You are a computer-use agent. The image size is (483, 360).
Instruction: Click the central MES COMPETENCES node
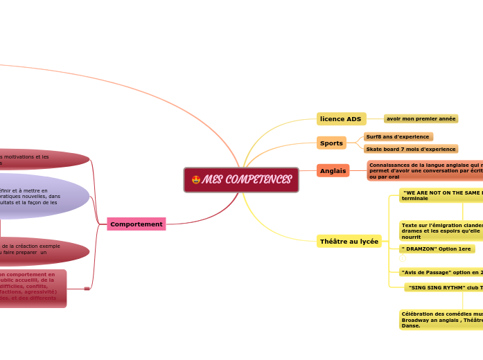click(241, 180)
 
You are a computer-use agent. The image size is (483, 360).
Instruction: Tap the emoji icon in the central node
click(196, 180)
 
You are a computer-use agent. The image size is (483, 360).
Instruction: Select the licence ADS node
click(341, 119)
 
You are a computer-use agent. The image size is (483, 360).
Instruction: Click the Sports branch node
click(331, 143)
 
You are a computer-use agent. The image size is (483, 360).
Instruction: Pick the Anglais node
click(333, 171)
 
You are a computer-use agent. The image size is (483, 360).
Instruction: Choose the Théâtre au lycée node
click(349, 242)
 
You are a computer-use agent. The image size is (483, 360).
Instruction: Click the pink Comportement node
click(137, 224)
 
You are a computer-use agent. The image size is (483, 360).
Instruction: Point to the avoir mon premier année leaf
click(421, 119)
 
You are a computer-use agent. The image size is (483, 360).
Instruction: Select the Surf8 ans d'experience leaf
click(398, 137)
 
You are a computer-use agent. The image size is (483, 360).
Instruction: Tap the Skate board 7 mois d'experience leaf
click(410, 149)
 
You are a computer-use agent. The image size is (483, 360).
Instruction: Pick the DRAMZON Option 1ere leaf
click(437, 249)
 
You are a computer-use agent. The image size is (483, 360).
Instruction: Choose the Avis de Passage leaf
click(441, 272)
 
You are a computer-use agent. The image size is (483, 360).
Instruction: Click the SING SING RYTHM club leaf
click(444, 287)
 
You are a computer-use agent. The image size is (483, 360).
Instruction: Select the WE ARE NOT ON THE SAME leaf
click(441, 195)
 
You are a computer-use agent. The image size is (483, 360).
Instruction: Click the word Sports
click(331, 143)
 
